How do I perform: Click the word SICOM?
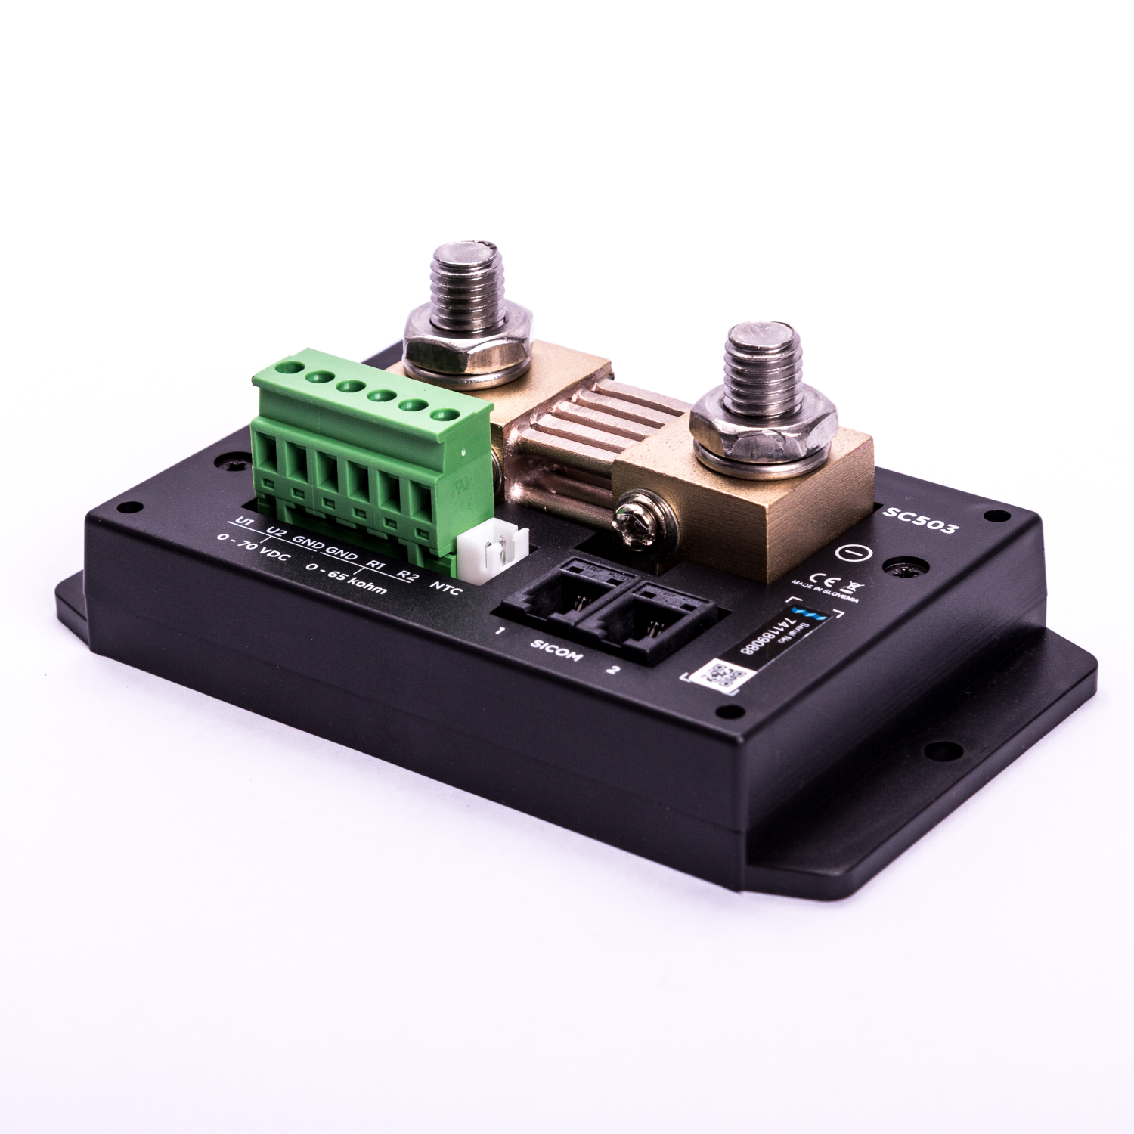555,650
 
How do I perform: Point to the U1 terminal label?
243,522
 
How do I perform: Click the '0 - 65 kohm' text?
345,578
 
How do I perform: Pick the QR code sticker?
719,674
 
